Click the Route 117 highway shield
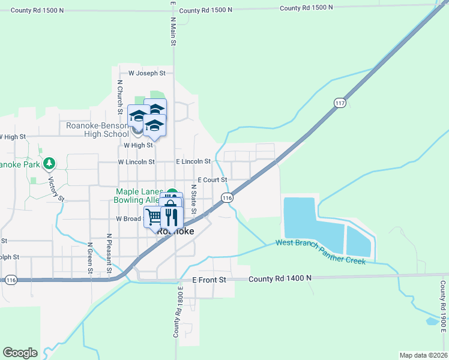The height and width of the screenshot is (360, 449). pyautogui.click(x=340, y=103)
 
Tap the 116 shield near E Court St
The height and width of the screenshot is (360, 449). pyautogui.click(x=226, y=197)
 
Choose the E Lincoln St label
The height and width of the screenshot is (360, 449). pyautogui.click(x=193, y=161)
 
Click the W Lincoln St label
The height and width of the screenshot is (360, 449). pyautogui.click(x=136, y=162)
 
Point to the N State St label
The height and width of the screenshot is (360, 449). pyautogui.click(x=194, y=199)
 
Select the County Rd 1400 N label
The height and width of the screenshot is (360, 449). pyautogui.click(x=280, y=278)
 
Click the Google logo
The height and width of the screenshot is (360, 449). pyautogui.click(x=20, y=353)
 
